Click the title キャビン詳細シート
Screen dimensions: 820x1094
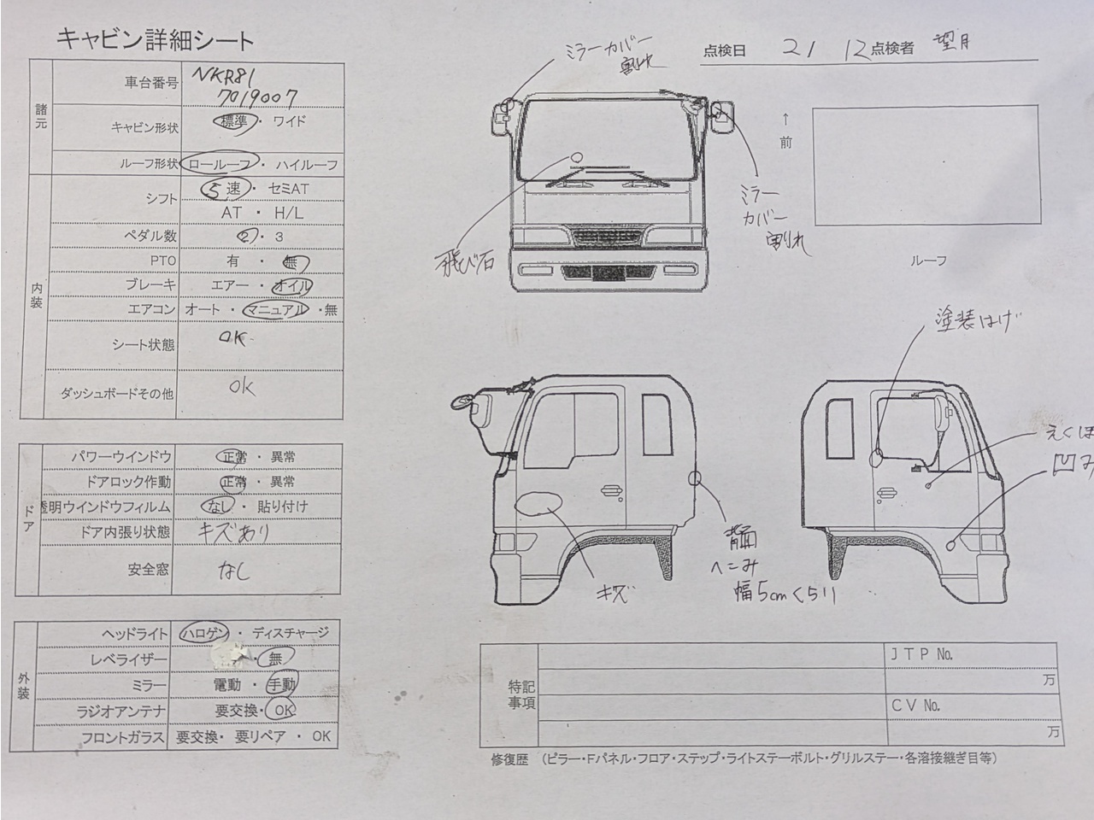[155, 39]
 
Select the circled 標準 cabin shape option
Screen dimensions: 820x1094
[233, 122]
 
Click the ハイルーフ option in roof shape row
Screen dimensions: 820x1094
[306, 164]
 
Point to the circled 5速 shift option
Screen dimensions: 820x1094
[225, 189]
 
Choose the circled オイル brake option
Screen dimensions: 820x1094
[292, 285]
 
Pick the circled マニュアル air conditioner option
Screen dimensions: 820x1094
[275, 309]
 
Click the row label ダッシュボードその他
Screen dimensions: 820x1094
[117, 394]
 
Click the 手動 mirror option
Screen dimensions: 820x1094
[280, 684]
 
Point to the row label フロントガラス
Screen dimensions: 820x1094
[122, 737]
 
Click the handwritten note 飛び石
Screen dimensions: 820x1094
[465, 261]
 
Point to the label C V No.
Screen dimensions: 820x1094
[915, 706]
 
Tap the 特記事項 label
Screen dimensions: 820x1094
[521, 694]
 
